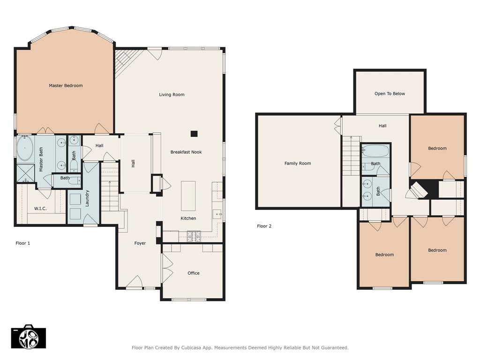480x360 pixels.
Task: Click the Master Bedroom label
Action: click(66, 86)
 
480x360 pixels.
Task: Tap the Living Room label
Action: click(172, 95)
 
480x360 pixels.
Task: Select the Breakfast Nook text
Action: click(186, 152)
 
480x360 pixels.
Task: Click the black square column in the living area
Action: click(194, 134)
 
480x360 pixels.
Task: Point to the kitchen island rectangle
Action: click(188, 196)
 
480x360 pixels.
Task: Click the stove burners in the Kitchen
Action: click(194, 237)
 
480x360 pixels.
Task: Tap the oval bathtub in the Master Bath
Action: click(25, 149)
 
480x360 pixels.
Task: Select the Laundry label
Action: click(87, 198)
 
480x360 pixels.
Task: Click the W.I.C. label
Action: click(40, 209)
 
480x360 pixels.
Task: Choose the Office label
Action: click(194, 273)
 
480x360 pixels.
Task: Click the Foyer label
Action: click(140, 243)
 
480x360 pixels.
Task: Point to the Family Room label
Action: click(298, 164)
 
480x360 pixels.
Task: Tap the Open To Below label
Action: click(390, 94)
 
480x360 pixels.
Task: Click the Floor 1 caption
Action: click(23, 243)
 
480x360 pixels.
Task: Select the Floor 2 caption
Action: click(264, 226)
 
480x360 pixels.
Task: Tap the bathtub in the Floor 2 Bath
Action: click(375, 151)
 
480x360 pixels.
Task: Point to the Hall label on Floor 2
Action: click(382, 126)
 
